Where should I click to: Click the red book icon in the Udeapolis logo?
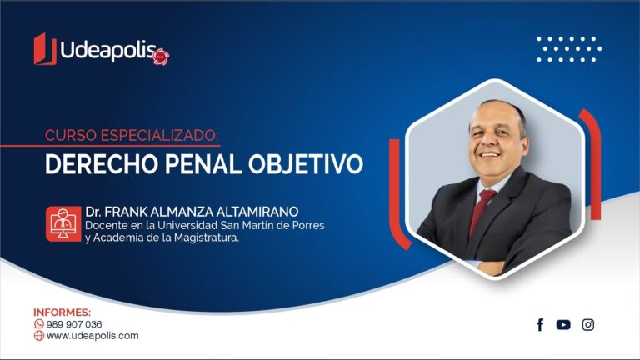point(45,49)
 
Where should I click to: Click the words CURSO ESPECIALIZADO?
point(132,135)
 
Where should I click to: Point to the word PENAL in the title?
point(202,164)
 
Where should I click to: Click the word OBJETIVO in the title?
point(306,164)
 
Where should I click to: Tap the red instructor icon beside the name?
point(63,223)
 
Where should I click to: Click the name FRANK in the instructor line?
point(126,212)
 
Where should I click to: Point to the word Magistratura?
point(207,237)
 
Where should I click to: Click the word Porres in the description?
point(309,225)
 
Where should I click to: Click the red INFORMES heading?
point(62,312)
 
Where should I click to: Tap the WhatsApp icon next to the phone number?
point(39,324)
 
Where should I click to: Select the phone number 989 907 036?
point(74,324)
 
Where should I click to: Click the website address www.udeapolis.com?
point(92,336)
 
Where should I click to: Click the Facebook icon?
point(540,324)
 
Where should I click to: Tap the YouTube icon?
point(563,324)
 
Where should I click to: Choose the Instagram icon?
point(588,324)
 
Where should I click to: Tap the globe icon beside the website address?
point(39,336)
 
